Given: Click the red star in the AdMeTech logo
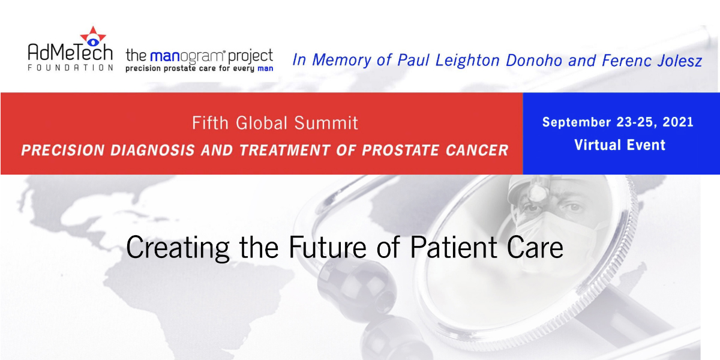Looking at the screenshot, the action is pos(93,36).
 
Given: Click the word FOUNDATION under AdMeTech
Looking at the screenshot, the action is pos(70,67).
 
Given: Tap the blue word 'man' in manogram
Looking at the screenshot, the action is pos(164,56).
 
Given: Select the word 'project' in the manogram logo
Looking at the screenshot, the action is pos(250,56).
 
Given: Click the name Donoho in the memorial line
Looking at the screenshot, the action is pos(534,61).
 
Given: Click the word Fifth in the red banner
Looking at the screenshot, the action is pos(210,123).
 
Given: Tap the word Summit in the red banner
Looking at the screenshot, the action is pos(326,123).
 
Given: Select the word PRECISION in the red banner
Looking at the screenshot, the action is pos(63,151).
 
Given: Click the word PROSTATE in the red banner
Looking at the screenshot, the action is pos(401,151).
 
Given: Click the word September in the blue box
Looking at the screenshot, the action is pos(577,122).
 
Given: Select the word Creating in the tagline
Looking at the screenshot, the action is pos(178,247).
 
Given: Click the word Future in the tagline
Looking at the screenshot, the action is pos(328,247).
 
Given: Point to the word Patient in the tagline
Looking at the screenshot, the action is pos(454,247).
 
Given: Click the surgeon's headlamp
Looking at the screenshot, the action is pos(536,192).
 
